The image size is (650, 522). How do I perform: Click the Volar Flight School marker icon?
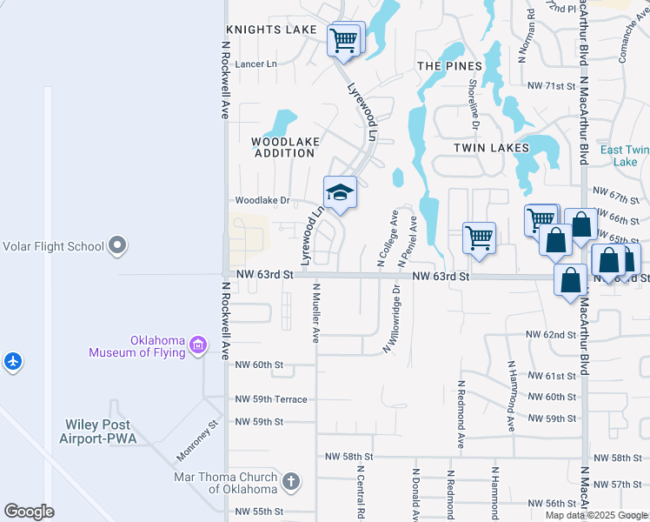[116, 246]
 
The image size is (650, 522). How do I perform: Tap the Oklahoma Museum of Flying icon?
[198, 346]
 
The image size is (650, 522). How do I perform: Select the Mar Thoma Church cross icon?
[291, 479]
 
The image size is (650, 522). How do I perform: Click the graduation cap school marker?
[340, 193]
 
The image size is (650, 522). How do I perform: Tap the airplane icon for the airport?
[13, 360]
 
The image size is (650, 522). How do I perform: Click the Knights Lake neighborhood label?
[271, 30]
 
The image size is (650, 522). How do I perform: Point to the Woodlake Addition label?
[284, 147]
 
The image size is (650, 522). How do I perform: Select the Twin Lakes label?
[491, 148]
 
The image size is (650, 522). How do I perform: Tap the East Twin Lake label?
[625, 156]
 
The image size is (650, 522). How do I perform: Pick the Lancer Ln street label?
[255, 64]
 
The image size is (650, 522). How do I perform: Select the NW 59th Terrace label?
[271, 399]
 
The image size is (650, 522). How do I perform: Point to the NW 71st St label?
[551, 86]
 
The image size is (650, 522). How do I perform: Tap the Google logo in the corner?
[29, 512]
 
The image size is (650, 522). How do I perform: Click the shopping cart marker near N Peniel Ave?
[479, 238]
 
